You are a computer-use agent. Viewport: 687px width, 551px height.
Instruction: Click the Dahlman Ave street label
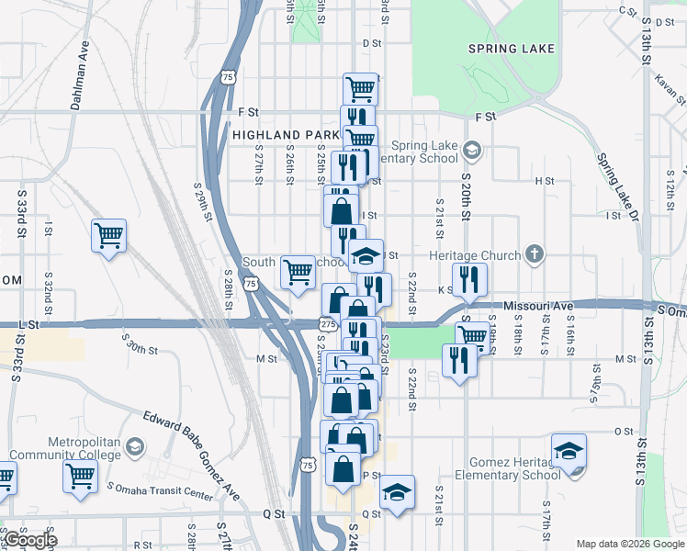pos(79,75)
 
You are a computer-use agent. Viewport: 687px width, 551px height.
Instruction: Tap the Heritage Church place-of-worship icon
pos(535,254)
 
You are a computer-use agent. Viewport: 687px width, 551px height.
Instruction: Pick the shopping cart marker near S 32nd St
pos(108,237)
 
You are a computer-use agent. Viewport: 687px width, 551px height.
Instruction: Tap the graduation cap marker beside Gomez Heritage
pos(569,452)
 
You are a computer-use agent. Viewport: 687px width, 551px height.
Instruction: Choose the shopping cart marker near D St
pos(360,89)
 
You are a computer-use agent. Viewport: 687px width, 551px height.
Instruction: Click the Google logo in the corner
pos(30,540)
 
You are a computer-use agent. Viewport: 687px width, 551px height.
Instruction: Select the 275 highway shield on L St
pos(327,323)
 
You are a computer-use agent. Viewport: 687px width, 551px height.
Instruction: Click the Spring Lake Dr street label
pos(615,185)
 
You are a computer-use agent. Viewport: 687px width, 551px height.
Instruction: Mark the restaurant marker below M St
pos(456,360)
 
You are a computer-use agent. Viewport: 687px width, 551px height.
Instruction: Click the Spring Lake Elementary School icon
pos(471,149)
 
